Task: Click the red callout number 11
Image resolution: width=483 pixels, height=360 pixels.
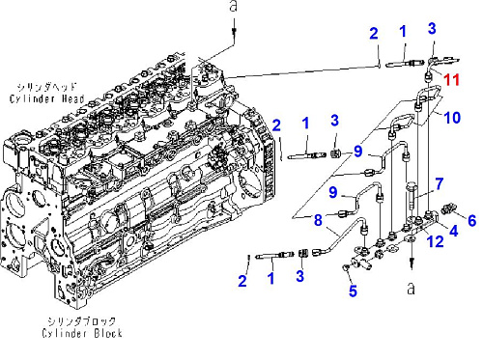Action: (x=451, y=79)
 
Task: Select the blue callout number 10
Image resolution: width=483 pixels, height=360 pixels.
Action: (x=452, y=118)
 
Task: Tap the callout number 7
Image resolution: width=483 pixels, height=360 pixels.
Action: (x=440, y=184)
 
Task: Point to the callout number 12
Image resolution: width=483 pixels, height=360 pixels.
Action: (x=435, y=241)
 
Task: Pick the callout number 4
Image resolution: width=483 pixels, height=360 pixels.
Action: (x=453, y=231)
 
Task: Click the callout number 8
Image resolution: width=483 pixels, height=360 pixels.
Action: (x=318, y=220)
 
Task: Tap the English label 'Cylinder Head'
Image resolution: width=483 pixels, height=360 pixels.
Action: (x=47, y=98)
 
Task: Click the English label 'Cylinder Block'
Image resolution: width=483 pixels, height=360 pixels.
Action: (x=82, y=333)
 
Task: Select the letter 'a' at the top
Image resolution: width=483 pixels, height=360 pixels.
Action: (x=234, y=7)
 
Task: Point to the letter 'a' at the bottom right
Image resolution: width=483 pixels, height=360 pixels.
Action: (x=411, y=289)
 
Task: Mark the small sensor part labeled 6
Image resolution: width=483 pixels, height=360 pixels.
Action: (x=449, y=208)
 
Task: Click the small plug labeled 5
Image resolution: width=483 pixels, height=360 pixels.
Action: (x=346, y=267)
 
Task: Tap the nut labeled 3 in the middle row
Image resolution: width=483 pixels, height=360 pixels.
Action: (x=336, y=153)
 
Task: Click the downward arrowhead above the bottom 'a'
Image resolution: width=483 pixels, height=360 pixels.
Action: (x=412, y=264)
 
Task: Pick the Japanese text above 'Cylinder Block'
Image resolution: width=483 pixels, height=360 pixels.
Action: (x=81, y=320)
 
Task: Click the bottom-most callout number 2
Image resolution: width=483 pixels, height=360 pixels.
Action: (x=242, y=281)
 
